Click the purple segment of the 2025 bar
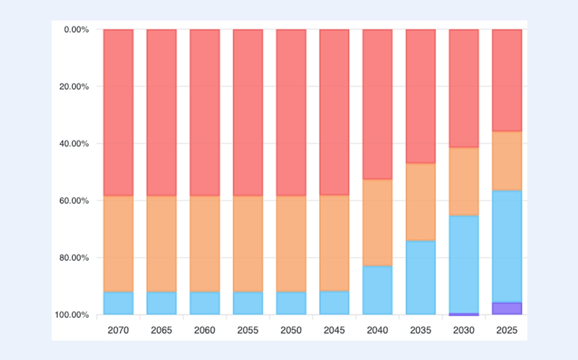507,308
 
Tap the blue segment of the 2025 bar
507,246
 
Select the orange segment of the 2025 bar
507,161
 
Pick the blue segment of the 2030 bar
464,264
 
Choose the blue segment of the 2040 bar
377,290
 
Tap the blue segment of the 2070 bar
119,303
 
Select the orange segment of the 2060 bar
205,244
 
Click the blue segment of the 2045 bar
334,303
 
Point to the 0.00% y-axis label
76,29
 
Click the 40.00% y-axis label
74,143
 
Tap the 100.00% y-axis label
72,315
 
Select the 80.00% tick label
74,258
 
